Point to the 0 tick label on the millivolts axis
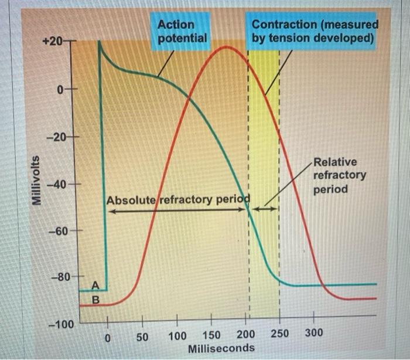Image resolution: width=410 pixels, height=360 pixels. [60, 90]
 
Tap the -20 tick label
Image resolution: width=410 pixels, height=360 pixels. [57, 137]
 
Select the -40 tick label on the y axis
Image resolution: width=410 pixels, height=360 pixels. [56, 185]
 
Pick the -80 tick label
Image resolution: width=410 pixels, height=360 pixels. [56, 276]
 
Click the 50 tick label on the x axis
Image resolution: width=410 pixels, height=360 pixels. [142, 337]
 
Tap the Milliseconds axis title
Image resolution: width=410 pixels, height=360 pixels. [221, 348]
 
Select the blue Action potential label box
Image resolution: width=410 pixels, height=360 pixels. [182, 32]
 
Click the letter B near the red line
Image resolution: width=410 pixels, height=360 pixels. [97, 300]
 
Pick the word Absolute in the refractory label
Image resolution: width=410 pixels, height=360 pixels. [131, 200]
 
